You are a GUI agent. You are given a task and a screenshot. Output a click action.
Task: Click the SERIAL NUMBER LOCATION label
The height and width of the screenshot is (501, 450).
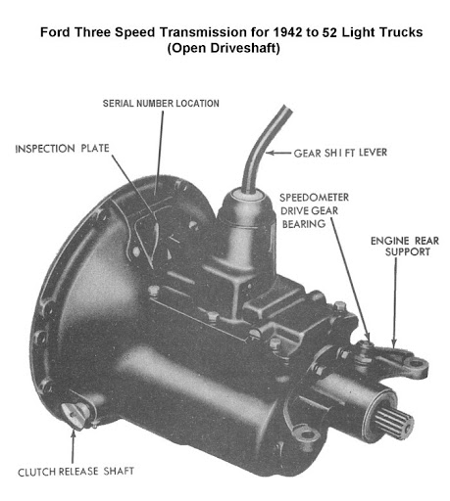pos(161,104)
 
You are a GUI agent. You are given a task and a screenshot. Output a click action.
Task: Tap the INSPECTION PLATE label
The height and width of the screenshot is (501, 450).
pos(62,149)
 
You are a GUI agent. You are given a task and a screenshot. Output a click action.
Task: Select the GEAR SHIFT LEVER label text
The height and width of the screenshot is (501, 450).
pos(340,153)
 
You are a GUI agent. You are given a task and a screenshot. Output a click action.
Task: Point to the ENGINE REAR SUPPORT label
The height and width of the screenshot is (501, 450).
pos(405,247)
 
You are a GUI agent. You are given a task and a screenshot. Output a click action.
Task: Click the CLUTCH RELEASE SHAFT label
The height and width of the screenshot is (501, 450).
pos(75,472)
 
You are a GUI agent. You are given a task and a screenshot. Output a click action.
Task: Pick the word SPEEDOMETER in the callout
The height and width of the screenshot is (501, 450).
pos(314,198)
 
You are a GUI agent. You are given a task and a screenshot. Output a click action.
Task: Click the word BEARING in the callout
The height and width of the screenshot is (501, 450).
pos(304,224)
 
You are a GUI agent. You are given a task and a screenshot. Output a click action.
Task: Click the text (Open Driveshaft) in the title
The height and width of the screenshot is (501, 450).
pos(224,48)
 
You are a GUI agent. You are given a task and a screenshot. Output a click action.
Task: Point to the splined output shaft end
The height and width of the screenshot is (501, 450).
pos(393,422)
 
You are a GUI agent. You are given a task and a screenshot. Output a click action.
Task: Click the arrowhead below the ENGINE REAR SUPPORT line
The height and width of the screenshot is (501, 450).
pos(394,343)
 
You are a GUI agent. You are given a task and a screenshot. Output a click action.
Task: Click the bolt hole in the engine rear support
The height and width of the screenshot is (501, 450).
pos(417,362)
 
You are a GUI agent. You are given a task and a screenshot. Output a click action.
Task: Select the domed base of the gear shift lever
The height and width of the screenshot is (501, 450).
pos(245,207)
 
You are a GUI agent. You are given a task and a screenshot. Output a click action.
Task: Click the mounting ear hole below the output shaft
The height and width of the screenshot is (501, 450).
pos(308,434)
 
